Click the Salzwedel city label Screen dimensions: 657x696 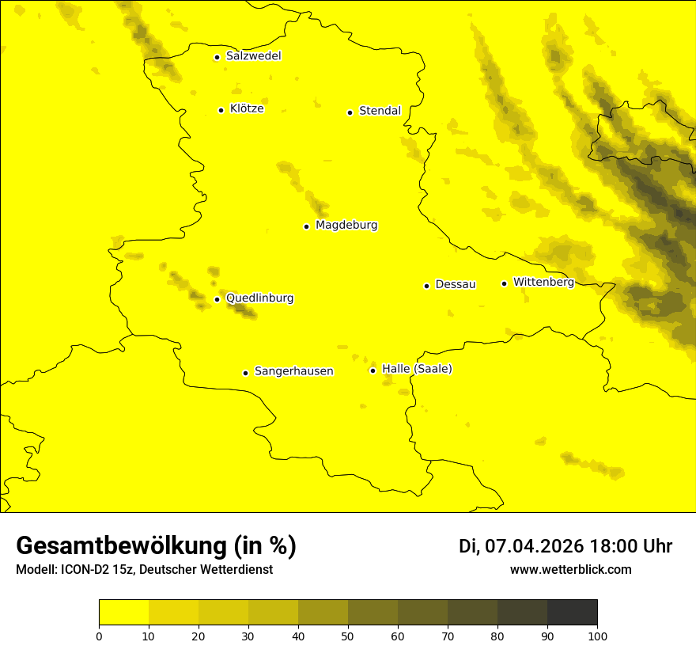(x=253, y=56)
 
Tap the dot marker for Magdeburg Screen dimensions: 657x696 (x=306, y=226)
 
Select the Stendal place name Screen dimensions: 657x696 (x=380, y=111)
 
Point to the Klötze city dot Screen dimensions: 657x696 (x=221, y=110)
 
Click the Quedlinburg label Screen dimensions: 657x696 (x=259, y=298)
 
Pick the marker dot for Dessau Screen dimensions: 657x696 (x=426, y=286)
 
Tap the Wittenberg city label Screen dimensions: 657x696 (x=543, y=283)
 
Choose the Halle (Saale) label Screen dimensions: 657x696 (x=417, y=369)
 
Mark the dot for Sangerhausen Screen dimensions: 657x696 (x=245, y=373)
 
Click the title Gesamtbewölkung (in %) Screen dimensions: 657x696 (x=156, y=546)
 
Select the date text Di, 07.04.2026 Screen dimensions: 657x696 (x=521, y=546)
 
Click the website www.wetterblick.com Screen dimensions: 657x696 (x=570, y=570)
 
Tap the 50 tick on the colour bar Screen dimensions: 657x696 (x=348, y=636)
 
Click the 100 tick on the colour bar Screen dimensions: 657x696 (x=597, y=636)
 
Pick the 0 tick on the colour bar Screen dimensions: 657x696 (x=99, y=636)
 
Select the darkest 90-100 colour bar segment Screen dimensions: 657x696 (x=572, y=613)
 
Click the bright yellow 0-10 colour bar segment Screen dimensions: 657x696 (x=123, y=613)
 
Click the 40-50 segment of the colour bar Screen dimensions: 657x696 (x=323, y=613)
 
